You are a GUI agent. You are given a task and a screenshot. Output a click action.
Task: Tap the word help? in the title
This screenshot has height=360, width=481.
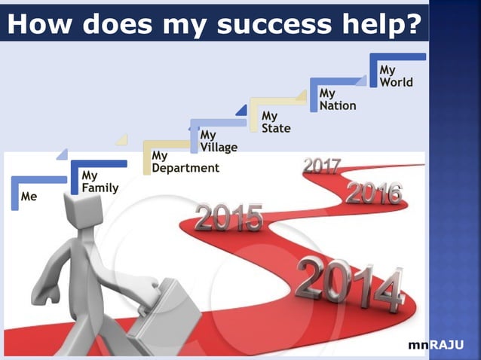click(381, 25)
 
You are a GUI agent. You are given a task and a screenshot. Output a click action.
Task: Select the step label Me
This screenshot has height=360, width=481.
click(29, 197)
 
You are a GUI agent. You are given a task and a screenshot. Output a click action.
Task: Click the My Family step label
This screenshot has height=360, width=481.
click(99, 182)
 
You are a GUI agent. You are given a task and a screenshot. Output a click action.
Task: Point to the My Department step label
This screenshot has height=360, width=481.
click(185, 162)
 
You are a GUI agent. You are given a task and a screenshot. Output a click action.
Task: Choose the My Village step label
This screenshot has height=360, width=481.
click(218, 141)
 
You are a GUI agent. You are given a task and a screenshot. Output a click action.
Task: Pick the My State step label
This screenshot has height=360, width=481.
click(275, 122)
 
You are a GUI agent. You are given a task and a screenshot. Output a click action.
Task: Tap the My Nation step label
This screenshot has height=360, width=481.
click(337, 99)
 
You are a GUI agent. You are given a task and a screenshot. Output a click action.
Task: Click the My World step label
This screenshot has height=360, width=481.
click(396, 76)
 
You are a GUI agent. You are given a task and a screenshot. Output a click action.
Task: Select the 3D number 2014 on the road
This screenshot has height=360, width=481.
click(349, 284)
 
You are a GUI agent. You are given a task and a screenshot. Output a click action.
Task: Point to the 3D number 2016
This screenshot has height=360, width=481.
click(374, 193)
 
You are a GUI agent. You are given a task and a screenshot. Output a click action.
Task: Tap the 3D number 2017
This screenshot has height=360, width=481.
click(322, 166)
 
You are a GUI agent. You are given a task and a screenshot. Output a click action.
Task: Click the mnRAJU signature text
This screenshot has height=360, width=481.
click(435, 345)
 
